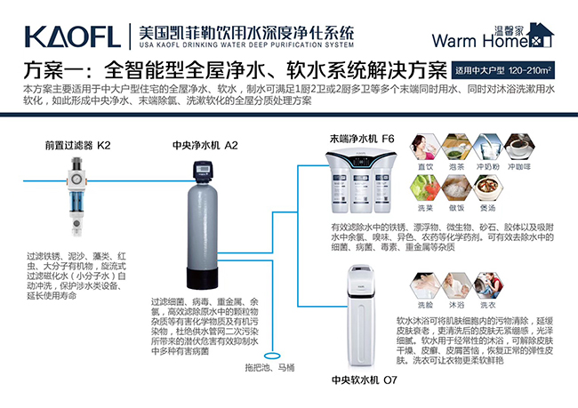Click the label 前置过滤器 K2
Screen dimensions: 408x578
click(79, 144)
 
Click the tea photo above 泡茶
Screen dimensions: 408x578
click(455, 147)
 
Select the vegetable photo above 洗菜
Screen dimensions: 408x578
click(425, 188)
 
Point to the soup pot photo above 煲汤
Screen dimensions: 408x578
click(486, 188)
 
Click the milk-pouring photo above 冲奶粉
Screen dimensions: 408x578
click(486, 147)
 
